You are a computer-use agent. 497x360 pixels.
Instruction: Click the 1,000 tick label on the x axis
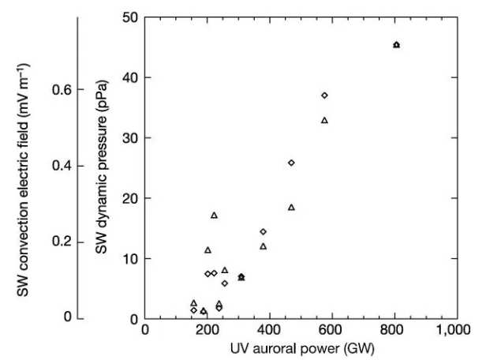coord(456,330)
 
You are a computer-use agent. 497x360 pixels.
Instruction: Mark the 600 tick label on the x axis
coord(332,330)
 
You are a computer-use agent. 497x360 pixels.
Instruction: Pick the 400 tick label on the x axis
coord(270,330)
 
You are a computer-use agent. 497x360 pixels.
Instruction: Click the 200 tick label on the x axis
coord(207,330)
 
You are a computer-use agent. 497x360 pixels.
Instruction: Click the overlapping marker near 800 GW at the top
coord(396,45)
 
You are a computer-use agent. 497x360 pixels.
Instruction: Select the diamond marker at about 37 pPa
coord(324,96)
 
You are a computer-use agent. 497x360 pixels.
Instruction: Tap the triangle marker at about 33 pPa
coord(324,120)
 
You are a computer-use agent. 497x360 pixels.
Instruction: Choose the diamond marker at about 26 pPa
coord(291,163)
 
